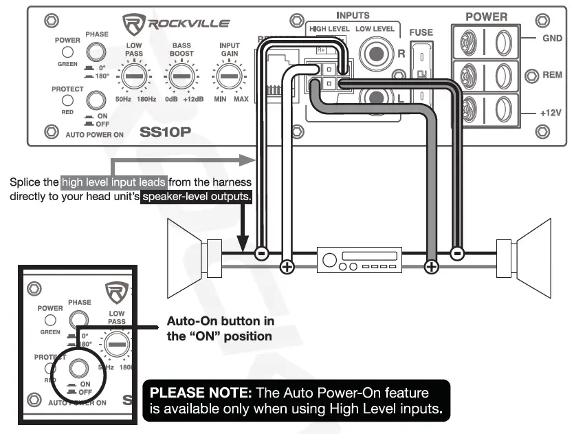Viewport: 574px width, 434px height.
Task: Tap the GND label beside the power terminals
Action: (552, 39)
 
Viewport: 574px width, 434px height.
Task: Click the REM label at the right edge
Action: (552, 75)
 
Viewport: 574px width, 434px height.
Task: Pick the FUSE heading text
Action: (421, 32)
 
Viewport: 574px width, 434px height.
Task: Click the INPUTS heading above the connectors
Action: (353, 15)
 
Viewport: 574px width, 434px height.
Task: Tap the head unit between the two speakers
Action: (358, 260)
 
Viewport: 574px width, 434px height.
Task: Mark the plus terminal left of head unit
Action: (287, 267)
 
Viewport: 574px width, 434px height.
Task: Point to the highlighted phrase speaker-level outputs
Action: (197, 197)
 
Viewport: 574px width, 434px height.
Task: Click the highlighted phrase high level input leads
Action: (114, 182)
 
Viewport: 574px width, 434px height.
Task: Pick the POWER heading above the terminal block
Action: (486, 16)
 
